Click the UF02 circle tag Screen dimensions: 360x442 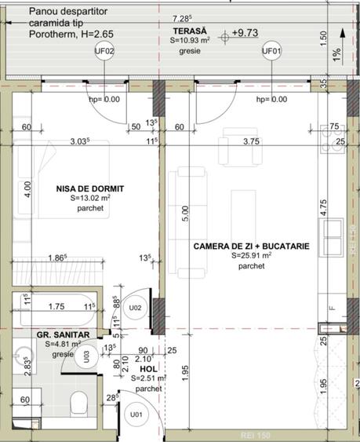[104, 51]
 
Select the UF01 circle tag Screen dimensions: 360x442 [272, 51]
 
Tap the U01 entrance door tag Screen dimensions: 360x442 [136, 415]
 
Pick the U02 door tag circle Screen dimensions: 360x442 [135, 308]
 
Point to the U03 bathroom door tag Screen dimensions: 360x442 [86, 356]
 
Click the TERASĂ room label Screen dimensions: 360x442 [190, 31]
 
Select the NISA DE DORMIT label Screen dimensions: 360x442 [90, 188]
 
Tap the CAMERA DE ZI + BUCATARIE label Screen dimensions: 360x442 [251, 247]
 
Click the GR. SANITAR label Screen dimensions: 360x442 [63, 335]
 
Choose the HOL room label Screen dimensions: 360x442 [148, 369]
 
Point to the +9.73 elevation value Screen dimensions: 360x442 [245, 33]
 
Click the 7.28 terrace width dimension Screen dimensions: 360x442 [182, 19]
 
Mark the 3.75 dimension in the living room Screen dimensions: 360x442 [251, 141]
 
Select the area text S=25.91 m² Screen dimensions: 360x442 [252, 256]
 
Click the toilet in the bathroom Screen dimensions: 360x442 [79, 402]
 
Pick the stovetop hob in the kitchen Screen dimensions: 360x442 [333, 139]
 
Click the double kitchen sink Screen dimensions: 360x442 [333, 238]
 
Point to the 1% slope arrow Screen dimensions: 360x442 [343, 47]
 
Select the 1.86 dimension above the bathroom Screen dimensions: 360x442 [57, 258]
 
